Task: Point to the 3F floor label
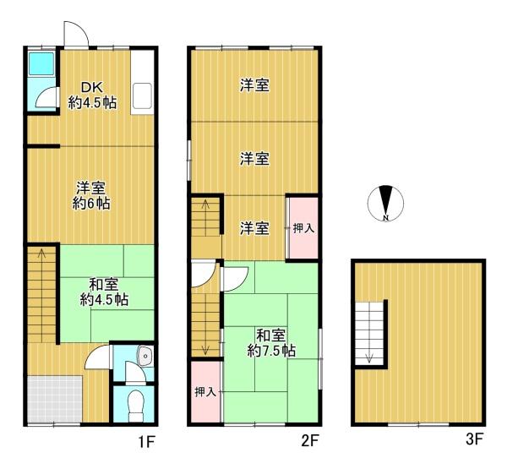click(x=474, y=440)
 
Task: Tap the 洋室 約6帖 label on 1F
click(x=91, y=195)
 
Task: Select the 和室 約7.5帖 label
click(x=270, y=340)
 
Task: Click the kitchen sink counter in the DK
click(x=141, y=96)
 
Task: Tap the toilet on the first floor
click(x=133, y=404)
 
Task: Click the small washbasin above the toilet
click(x=143, y=357)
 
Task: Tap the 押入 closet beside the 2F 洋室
click(x=303, y=227)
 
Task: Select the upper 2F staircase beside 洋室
click(x=205, y=226)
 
